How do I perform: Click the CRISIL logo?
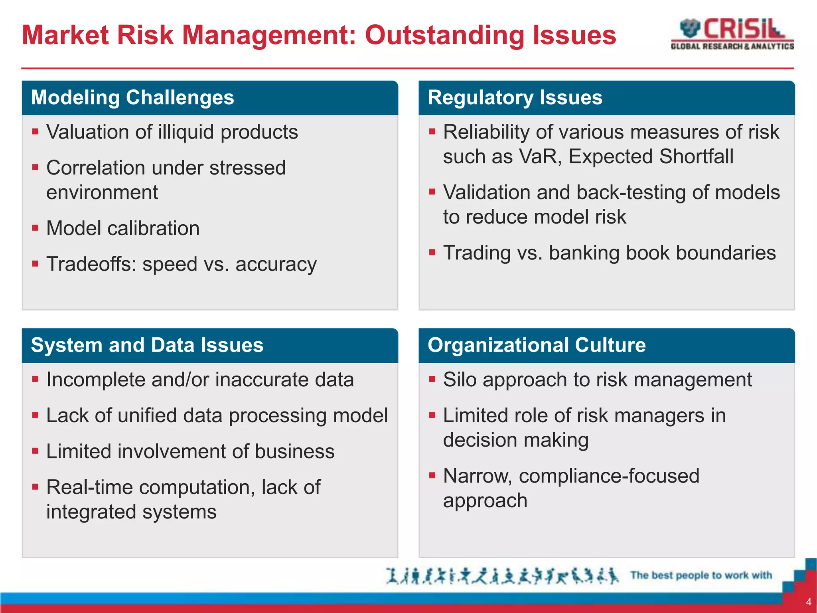pos(732,34)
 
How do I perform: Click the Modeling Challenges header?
pos(132,98)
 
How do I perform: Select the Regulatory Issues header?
pos(515,98)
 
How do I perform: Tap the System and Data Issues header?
pos(147,345)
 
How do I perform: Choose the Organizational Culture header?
pos(536,345)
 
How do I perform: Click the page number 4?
pos(809,602)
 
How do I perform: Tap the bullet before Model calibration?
pos(36,228)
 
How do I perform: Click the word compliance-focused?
pos(609,476)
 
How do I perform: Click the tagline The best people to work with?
pos(701,575)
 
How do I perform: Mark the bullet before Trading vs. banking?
pos(432,253)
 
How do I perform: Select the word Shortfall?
pos(696,156)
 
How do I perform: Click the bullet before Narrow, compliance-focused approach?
pos(432,476)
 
